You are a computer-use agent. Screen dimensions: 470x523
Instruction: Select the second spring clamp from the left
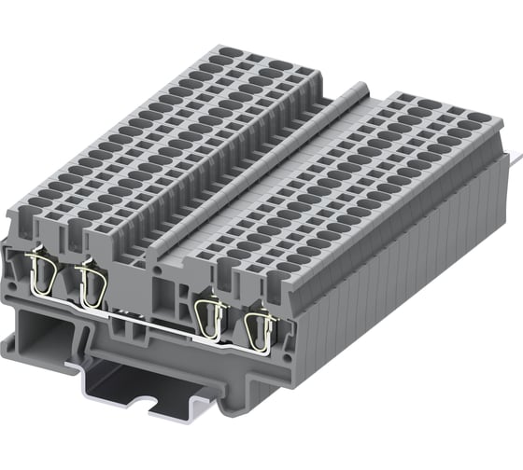click(91, 283)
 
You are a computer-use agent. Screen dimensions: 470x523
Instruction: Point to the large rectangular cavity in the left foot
click(51, 336)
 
